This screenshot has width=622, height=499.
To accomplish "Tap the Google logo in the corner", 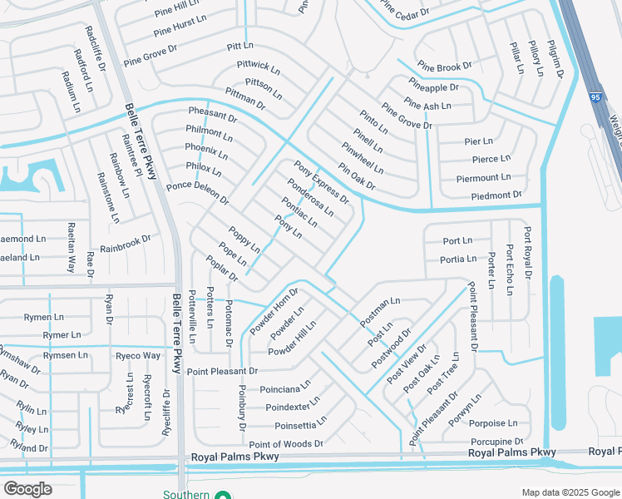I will coord(28,489).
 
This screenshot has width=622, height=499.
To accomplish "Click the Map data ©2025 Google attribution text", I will coord(570,492).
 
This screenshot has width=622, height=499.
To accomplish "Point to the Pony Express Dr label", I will coord(322,185).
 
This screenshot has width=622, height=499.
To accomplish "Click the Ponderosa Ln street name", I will coord(309,197).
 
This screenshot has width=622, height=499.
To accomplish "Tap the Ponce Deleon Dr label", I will coord(198,193).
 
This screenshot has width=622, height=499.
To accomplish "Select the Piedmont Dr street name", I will coord(496,195).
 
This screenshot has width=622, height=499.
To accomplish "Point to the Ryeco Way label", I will coord(138,355).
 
